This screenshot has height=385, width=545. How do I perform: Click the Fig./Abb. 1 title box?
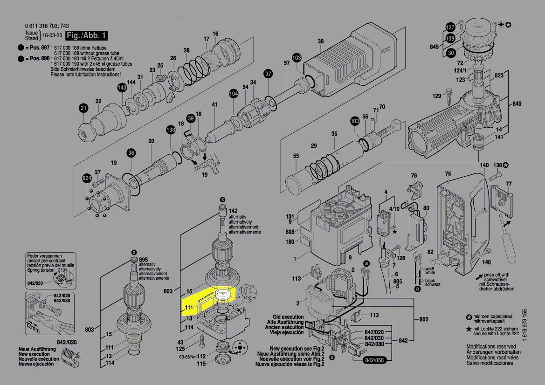87,36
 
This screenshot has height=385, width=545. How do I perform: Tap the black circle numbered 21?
83,109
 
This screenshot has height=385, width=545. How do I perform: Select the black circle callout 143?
122,88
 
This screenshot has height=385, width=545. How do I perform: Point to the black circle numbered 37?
268,74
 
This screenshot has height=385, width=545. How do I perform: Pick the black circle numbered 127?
450,27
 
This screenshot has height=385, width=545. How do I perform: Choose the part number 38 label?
321,41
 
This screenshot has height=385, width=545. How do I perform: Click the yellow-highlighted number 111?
189,307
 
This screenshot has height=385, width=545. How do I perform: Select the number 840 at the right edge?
517,103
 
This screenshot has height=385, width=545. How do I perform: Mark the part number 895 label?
143,260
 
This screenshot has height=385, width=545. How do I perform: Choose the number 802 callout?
424,319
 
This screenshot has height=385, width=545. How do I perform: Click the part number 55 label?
296,156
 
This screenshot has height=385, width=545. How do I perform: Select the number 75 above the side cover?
448,174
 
